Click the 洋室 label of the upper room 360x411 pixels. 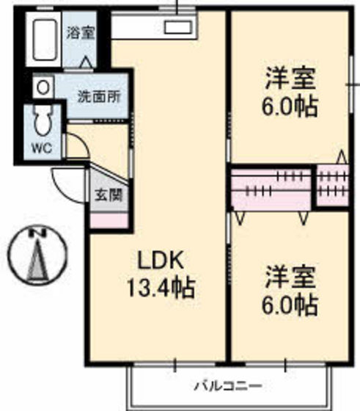point(291,76)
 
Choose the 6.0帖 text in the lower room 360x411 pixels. point(291,303)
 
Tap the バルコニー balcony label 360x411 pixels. point(227,385)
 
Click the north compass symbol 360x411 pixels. point(37,258)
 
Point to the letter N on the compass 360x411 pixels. point(37,233)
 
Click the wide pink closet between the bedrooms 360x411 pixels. point(272,188)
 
